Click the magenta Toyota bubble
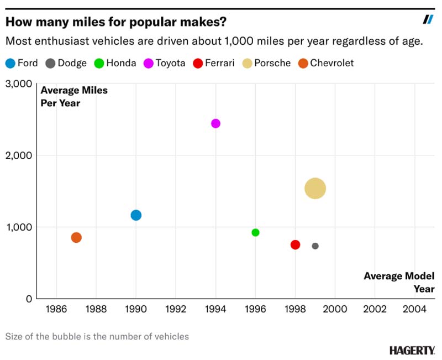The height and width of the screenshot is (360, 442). pos(215,123)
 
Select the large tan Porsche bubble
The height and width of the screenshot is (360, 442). pos(315,189)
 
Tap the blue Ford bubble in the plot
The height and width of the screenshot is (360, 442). pos(136,215)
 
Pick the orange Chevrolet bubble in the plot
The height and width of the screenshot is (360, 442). pos(76,238)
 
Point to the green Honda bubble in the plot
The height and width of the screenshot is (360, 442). pos(255,232)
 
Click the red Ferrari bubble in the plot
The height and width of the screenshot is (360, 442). pos(295,244)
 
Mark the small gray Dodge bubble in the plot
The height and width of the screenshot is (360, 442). pos(315,246)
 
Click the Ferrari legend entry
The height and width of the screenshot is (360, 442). pos(214,63)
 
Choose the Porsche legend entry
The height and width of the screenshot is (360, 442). pos(266,63)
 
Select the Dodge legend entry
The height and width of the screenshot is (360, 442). pos(66,63)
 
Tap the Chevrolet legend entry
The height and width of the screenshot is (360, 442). pos(326,63)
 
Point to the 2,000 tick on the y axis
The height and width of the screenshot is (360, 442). pos(19,155)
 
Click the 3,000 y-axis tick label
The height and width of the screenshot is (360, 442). pos(19,84)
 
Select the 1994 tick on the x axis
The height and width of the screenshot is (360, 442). pos(215,309)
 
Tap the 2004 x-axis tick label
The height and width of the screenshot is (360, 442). pos(414,309)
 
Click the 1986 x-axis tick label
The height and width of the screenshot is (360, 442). pos(56,309)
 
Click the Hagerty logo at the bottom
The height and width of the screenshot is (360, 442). pos(412,351)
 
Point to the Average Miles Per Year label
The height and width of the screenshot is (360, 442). pos(74,96)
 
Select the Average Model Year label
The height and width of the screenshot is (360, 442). pos(399,283)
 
